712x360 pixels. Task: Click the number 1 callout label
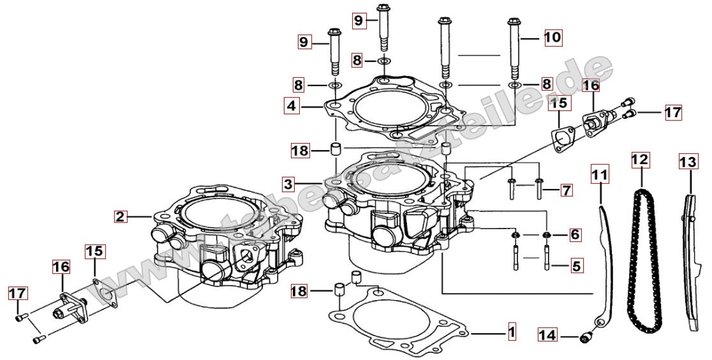click(x=510, y=332)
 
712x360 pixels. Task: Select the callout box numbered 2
click(x=120, y=216)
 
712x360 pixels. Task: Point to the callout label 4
click(x=292, y=105)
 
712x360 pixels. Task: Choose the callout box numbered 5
click(x=575, y=264)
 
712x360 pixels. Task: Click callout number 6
click(x=575, y=235)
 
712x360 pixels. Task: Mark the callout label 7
click(x=566, y=190)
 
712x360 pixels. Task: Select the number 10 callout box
click(x=553, y=38)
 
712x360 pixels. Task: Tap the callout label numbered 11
click(x=600, y=173)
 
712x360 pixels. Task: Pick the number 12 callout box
click(x=640, y=160)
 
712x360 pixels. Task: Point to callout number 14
click(x=547, y=334)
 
